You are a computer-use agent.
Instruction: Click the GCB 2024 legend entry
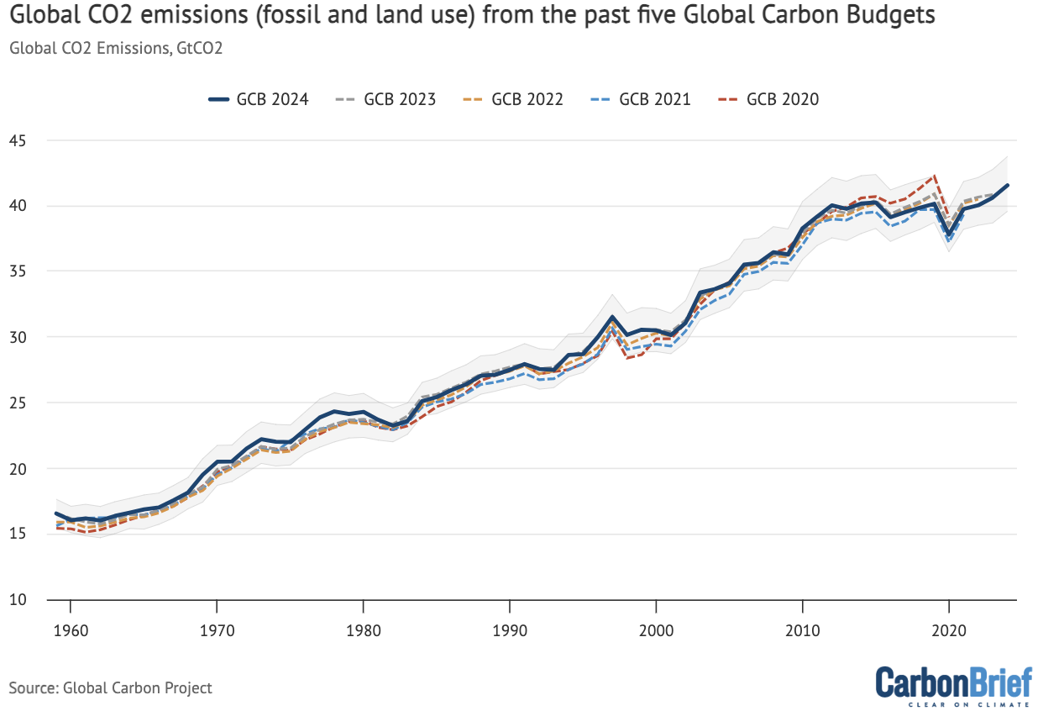pos(259,99)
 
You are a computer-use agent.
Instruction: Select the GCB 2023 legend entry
pos(386,99)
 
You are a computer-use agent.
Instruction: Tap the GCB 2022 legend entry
pos(514,99)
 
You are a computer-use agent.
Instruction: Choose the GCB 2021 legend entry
pos(642,99)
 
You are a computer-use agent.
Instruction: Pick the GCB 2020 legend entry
pos(769,99)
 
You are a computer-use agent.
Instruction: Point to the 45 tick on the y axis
pos(18,140)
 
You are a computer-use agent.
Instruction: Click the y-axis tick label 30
pos(18,337)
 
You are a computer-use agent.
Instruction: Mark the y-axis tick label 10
pos(18,600)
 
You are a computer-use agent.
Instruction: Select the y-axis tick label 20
pos(18,469)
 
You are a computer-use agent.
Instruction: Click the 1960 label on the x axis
pos(71,629)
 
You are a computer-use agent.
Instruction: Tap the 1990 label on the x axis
pos(510,629)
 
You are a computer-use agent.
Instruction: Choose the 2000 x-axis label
pos(656,629)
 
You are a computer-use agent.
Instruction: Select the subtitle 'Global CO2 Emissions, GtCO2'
pos(115,48)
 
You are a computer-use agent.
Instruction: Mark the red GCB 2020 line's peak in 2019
pos(934,176)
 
